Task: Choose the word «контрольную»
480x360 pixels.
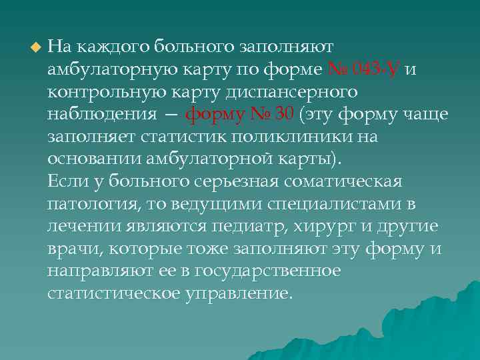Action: coord(101,91)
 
